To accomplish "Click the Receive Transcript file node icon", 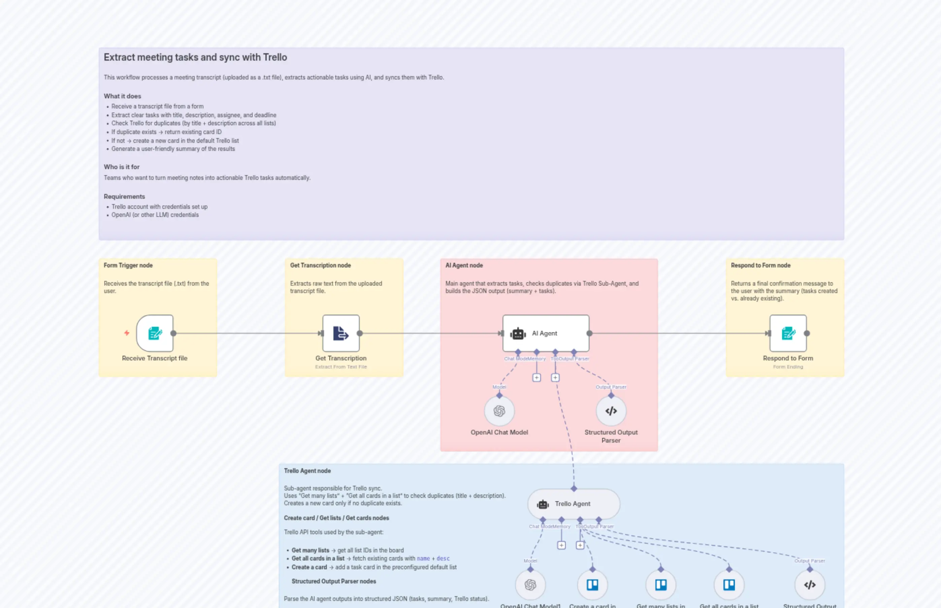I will coord(155,333).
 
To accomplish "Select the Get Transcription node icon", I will coord(340,333).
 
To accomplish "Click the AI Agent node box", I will coord(546,333).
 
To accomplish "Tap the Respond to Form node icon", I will coord(788,333).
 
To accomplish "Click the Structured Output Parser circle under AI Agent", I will coord(611,411).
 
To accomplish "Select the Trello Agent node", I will coord(573,504).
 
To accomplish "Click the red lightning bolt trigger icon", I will coord(127,333).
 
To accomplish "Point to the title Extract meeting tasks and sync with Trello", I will coord(195,57).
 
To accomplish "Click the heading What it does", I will coord(122,96).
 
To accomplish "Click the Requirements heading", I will coord(124,196).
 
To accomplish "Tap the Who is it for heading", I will coord(122,167).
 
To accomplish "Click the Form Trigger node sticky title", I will coord(128,265).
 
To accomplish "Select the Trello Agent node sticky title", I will coord(307,471).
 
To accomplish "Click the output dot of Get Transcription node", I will coord(360,333).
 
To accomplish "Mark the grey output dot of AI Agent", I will coord(589,333).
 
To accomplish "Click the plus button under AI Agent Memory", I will coord(537,378).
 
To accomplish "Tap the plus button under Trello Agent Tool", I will coord(580,545).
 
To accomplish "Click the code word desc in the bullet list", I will coord(443,558).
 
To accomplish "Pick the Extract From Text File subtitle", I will coord(340,367).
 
